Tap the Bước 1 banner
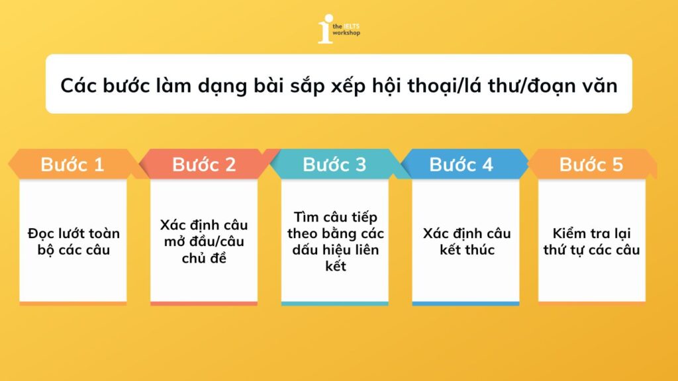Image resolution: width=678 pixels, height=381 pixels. pos(73,165)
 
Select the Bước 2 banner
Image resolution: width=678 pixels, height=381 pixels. pos(204,165)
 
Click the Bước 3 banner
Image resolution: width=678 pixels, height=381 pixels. pos(334,165)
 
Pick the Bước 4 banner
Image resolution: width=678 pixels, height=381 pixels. pos(461,165)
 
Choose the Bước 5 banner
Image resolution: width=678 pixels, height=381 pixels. pos(591,165)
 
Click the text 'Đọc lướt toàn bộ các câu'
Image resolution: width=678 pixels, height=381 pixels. pos(73,241)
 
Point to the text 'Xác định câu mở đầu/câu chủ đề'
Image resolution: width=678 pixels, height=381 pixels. pos(204,241)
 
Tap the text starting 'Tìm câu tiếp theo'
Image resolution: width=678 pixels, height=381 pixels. pos(335,241)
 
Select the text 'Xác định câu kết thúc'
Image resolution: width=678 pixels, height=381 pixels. pos(466,241)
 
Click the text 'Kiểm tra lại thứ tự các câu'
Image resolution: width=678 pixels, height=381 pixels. pos(592,241)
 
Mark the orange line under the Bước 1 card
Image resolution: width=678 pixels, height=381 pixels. pos(73,304)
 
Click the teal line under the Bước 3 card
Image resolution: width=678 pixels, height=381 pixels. pos(335,304)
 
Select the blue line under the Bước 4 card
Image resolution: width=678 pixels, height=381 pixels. pos(465,304)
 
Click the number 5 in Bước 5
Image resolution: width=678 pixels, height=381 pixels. pos(618,165)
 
